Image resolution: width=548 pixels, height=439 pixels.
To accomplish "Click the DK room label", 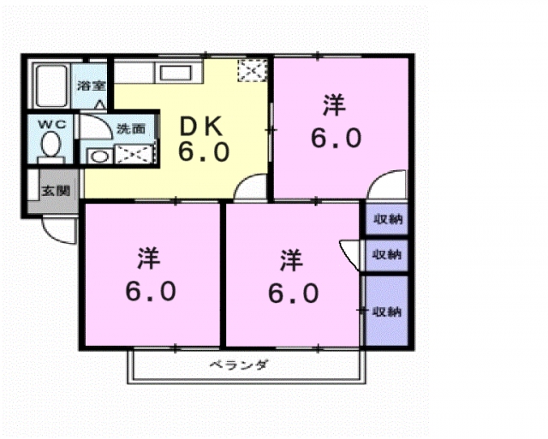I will pos(203,127).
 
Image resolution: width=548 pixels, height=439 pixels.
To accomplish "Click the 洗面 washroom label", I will pos(131,129).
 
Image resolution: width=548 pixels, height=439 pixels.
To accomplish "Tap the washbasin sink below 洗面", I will pos(98,156).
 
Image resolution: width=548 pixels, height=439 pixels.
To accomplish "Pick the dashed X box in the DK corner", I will pos(252,71).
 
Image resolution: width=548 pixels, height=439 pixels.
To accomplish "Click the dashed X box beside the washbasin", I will pos(134,156).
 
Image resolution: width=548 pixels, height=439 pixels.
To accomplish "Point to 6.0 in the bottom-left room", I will pos(151,291).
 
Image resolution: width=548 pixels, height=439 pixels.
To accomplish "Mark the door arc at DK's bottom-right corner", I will pos(251,188).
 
